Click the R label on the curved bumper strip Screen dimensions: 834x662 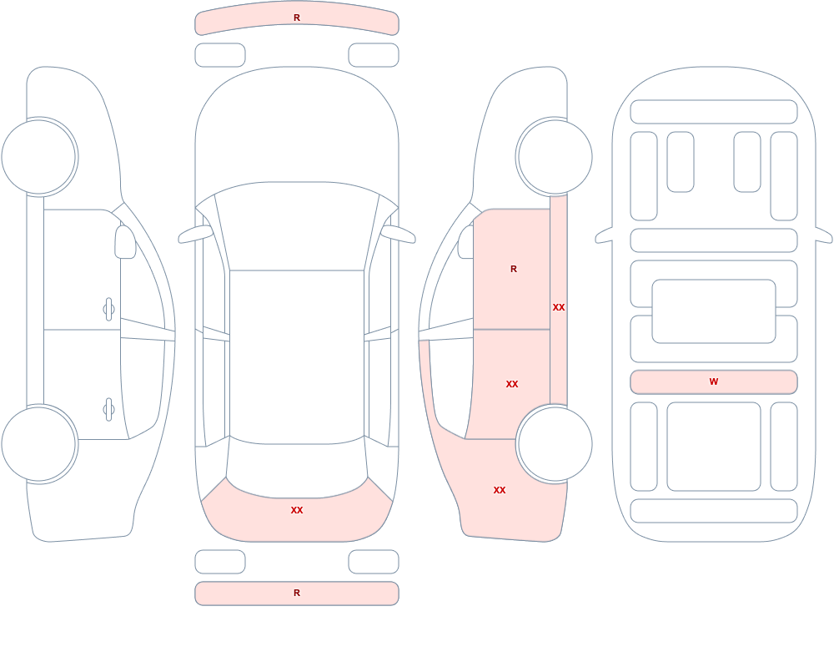(297, 18)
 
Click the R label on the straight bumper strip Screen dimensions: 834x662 (297, 593)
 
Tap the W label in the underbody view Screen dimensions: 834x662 (714, 382)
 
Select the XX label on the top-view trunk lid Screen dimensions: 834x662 (297, 510)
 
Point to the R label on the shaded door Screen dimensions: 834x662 (513, 269)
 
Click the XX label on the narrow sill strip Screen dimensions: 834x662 (559, 307)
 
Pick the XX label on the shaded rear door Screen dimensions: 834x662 (512, 384)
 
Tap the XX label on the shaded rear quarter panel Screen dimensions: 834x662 (500, 490)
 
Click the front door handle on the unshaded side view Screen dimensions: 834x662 (108, 310)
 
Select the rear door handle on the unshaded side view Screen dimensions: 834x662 (108, 410)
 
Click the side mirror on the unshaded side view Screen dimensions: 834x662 (125, 242)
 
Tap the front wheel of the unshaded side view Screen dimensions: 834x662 (39, 157)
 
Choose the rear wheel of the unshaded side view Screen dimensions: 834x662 (39, 444)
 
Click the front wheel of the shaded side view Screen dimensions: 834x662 (555, 157)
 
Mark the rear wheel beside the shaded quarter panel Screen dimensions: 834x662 (555, 444)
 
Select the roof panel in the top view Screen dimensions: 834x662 (297, 356)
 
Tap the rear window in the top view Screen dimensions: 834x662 (297, 468)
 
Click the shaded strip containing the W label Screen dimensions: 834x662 (714, 382)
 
